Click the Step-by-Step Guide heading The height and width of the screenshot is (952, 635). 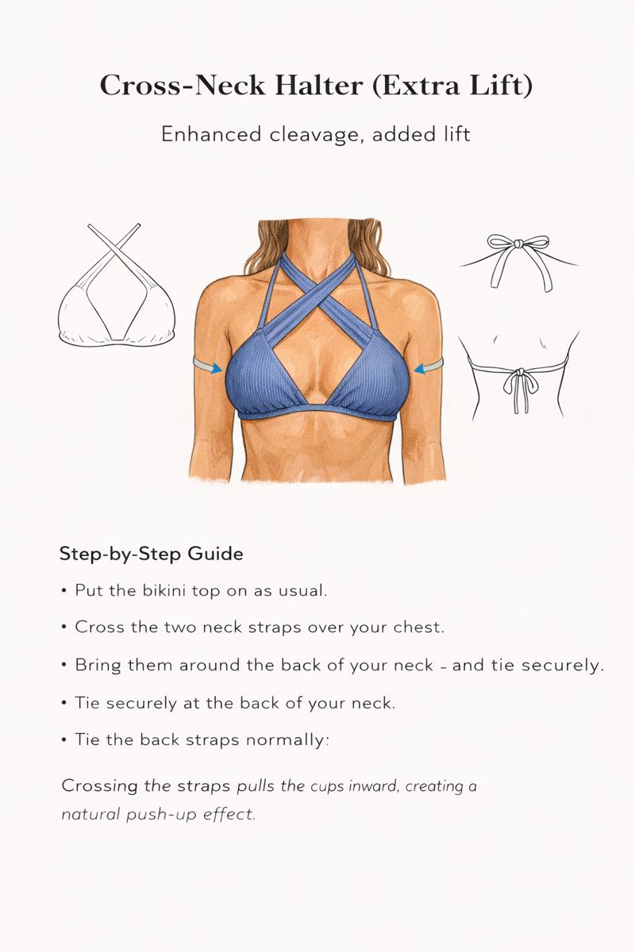151,554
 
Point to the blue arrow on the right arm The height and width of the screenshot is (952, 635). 427,366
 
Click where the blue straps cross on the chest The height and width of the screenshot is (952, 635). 317,294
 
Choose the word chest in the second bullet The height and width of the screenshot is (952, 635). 420,627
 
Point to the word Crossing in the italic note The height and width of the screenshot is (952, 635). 99,787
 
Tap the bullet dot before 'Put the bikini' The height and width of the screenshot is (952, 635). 63,591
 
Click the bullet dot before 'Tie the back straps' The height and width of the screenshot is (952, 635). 63,740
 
